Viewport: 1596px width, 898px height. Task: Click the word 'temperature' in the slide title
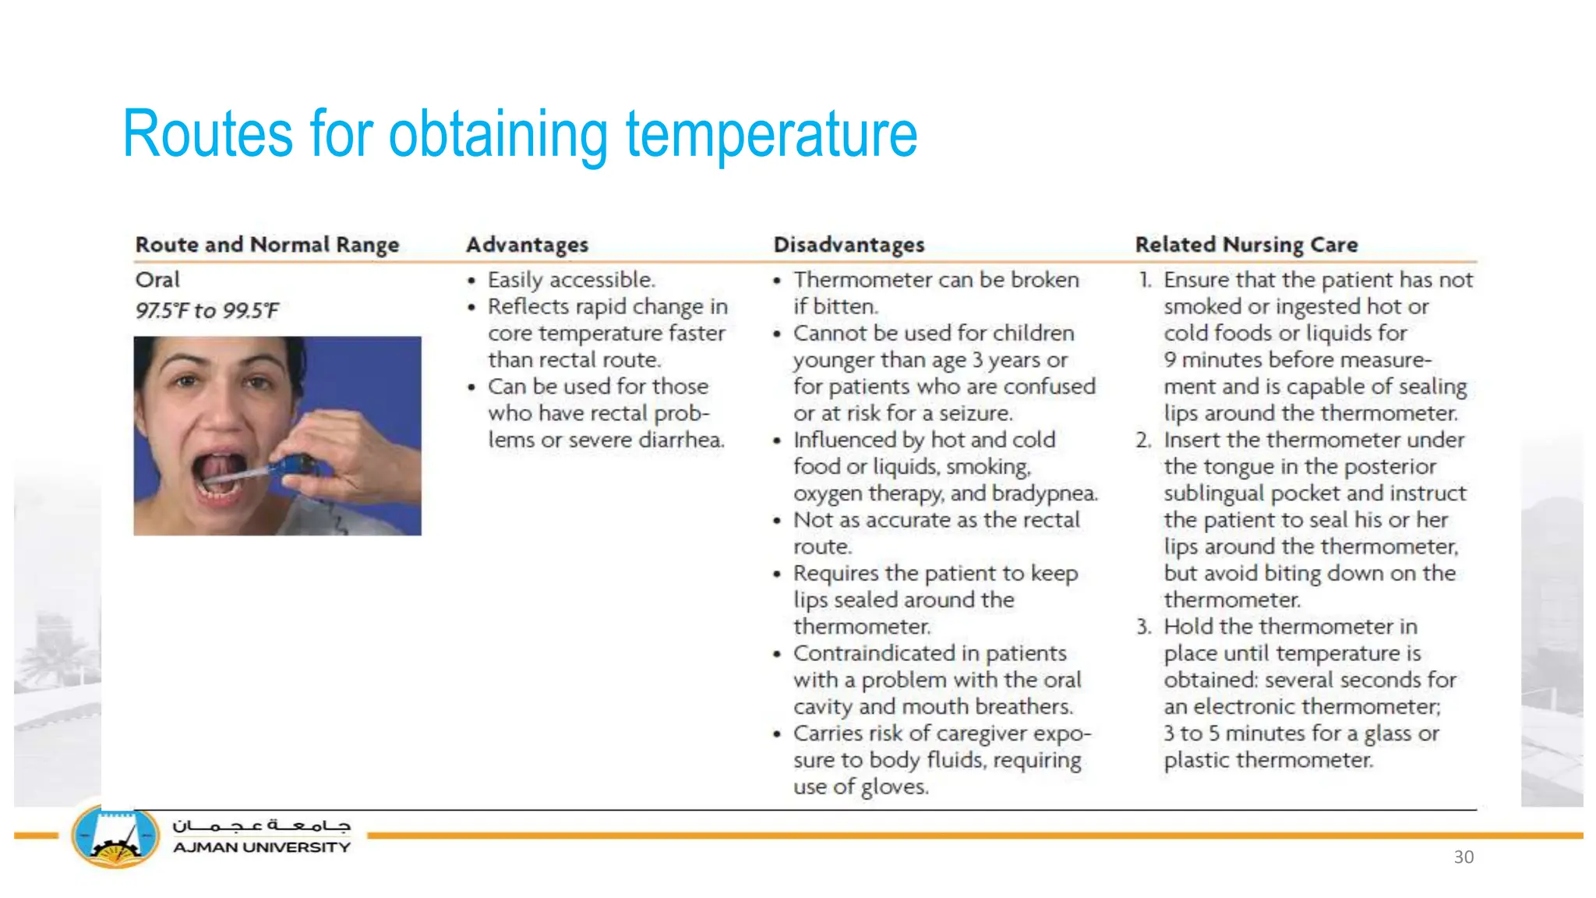772,134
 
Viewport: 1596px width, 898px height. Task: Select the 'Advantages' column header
527,245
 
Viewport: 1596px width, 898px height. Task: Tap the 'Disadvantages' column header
849,245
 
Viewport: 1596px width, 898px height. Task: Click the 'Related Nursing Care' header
1246,245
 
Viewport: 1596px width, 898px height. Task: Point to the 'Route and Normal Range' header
267,245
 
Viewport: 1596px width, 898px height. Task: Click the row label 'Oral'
157,280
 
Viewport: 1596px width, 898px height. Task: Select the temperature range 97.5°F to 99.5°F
207,311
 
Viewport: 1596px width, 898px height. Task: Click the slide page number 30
1464,857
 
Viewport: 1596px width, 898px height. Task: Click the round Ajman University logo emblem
115,838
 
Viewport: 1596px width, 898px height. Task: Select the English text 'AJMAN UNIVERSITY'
261,848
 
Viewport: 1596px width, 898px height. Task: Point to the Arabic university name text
261,826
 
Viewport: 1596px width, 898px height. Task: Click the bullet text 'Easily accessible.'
571,280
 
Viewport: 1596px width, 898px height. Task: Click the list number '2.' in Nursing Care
1143,440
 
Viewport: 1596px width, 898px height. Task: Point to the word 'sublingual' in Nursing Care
1213,493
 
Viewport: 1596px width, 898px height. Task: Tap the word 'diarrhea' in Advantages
681,440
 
